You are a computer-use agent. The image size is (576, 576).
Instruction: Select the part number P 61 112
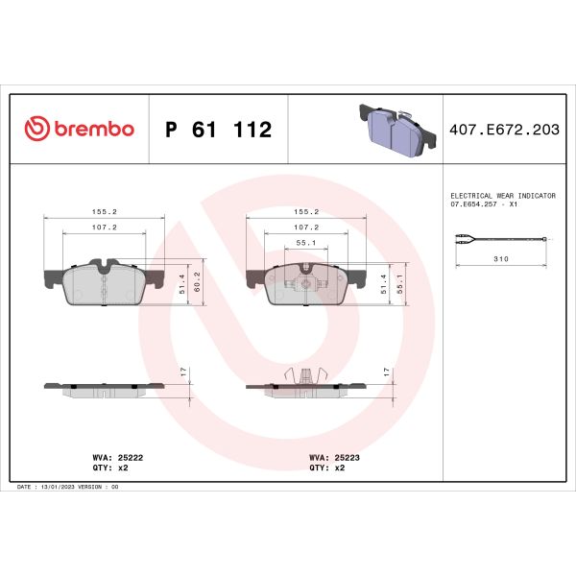[219, 130]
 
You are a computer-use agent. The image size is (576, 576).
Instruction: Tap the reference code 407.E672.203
[504, 130]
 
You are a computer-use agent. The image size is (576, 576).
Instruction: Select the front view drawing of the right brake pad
[304, 284]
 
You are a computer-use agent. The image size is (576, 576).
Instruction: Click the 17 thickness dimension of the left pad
[183, 372]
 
